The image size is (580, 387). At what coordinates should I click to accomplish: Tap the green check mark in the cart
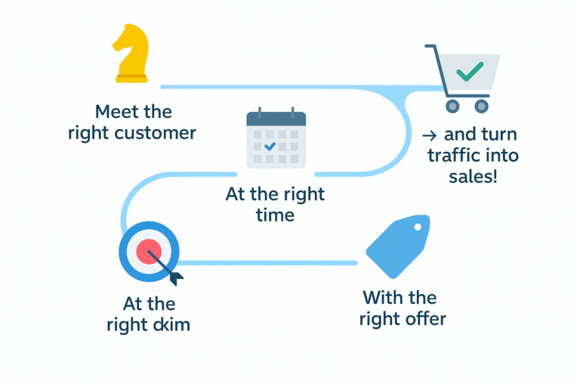click(x=470, y=71)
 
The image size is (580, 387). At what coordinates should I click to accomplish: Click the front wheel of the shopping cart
click(x=453, y=105)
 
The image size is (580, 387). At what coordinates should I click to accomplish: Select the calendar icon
click(x=276, y=140)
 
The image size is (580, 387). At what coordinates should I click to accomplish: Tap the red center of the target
click(x=149, y=250)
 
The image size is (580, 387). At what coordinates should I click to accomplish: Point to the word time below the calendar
click(x=275, y=215)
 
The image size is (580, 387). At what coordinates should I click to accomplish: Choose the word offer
click(x=424, y=318)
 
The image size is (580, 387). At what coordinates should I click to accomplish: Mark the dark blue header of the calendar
click(x=276, y=119)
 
